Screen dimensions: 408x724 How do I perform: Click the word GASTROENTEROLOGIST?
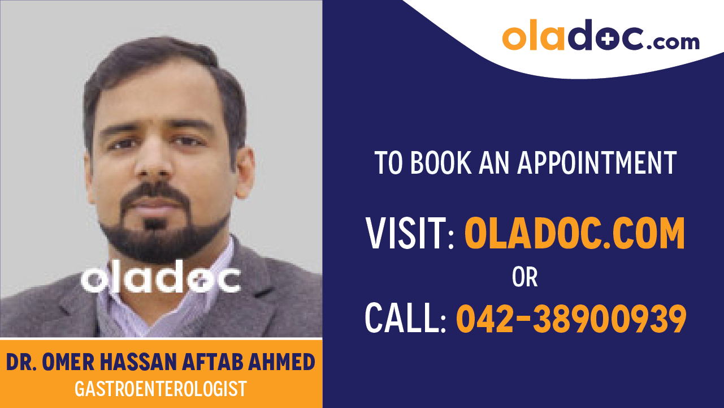click(161, 389)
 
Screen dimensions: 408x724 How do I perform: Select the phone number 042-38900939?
click(571, 318)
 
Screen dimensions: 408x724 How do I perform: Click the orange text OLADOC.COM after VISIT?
click(574, 233)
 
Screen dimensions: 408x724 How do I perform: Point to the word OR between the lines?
click(524, 277)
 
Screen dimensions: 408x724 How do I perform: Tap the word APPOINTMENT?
click(597, 163)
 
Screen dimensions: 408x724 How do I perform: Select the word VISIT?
click(410, 233)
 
